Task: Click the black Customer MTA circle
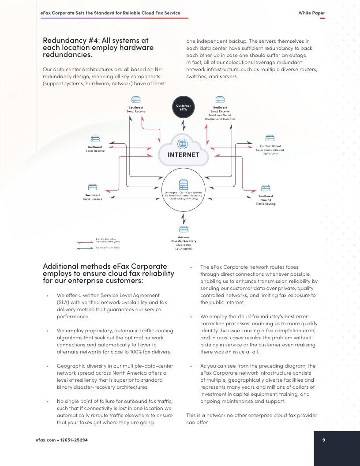[x=183, y=107]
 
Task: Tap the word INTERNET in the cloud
[x=183, y=155]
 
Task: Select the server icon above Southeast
[x=136, y=101]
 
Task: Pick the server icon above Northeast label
[x=220, y=101]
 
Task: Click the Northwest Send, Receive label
[x=95, y=149]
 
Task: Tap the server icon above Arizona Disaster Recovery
[x=184, y=229]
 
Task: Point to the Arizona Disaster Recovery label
[x=184, y=243]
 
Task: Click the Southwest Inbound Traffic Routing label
[x=266, y=200]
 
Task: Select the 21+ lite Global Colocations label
[x=270, y=150]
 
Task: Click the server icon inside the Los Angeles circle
[x=183, y=184]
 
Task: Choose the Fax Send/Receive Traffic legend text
[x=108, y=248]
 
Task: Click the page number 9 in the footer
[x=323, y=440]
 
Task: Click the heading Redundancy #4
[x=98, y=47]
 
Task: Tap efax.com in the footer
[x=45, y=440]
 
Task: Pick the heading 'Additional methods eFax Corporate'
[x=105, y=273]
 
